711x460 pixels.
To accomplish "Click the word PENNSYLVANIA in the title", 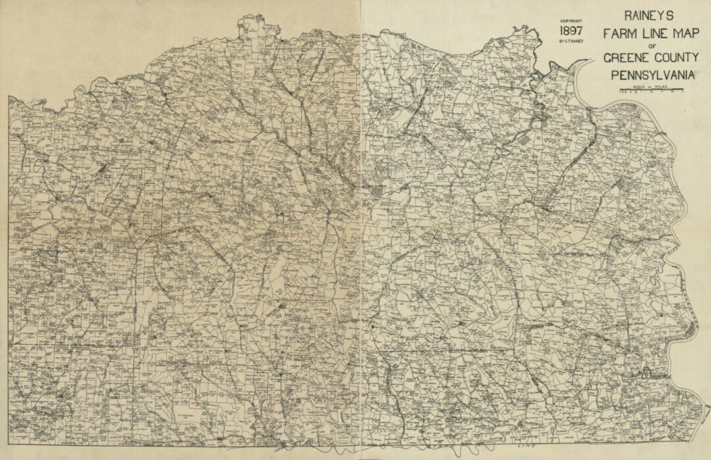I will [x=652, y=76].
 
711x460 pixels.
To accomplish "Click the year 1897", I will [x=570, y=31].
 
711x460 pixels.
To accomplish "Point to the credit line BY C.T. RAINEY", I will [x=570, y=41].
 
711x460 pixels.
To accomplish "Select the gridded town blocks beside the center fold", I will [x=377, y=193].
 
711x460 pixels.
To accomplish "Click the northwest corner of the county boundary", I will [x=10, y=97].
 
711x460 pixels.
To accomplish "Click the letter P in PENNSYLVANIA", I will [x=614, y=76].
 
